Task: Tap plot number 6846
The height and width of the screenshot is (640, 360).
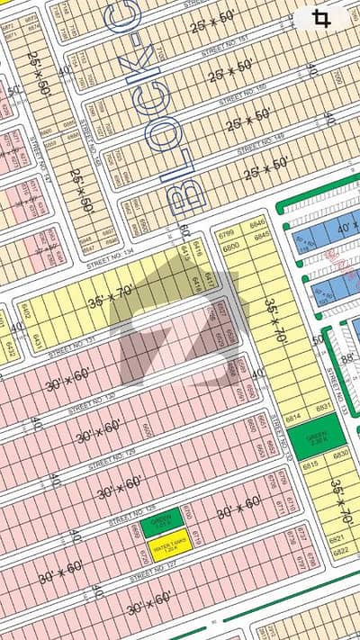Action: [x=259, y=223]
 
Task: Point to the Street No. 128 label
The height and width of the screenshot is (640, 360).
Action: [x=126, y=519]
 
